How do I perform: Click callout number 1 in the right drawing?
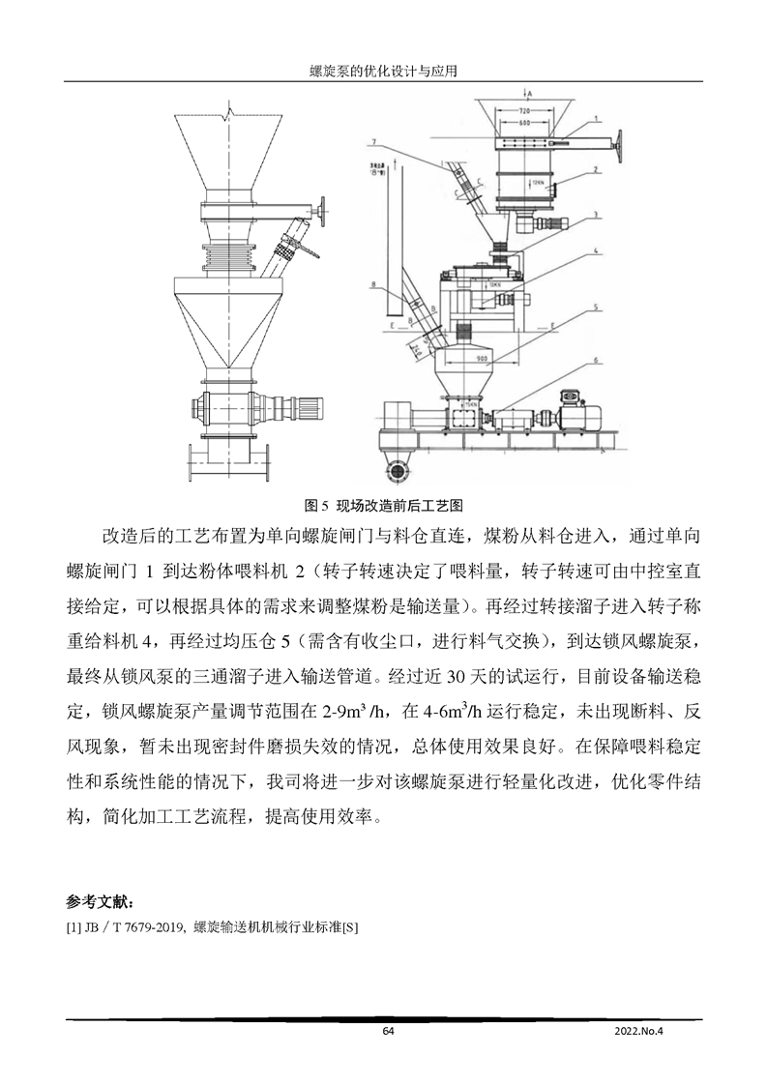point(597,118)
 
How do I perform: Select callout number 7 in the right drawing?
point(371,143)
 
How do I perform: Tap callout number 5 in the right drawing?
point(597,308)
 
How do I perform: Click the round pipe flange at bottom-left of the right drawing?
point(394,470)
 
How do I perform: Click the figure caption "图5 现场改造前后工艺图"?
point(384,505)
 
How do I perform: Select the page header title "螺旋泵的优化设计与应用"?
point(383,72)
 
